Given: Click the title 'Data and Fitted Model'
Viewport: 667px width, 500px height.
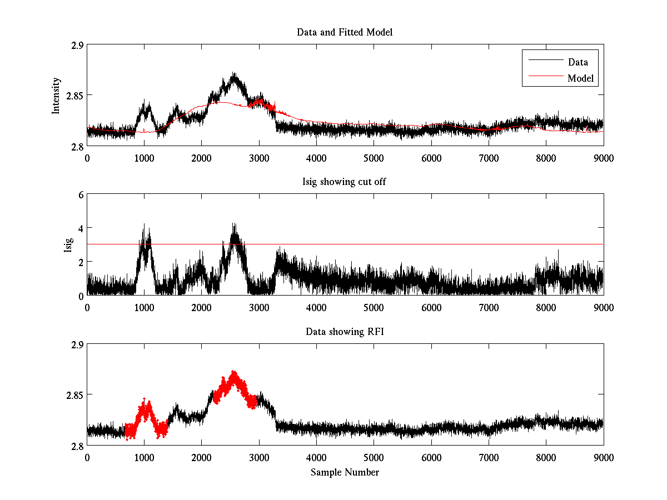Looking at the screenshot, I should coord(345,32).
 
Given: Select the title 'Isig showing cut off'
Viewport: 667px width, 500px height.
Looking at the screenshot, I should coord(345,182).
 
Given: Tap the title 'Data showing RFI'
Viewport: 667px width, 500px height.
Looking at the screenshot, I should coord(345,332).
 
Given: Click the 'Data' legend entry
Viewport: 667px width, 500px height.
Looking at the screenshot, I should coord(578,62).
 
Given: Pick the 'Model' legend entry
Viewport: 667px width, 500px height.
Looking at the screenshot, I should coord(580,78).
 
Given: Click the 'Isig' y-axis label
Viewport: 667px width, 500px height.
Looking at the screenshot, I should coord(68,245).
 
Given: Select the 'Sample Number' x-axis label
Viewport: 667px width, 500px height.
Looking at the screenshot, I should coord(345,472).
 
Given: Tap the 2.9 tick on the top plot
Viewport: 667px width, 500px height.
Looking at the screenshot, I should coord(77,45).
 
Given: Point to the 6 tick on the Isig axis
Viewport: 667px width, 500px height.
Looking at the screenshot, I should coord(81,195).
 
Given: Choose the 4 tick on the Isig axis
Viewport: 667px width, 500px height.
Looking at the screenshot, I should coord(81,228).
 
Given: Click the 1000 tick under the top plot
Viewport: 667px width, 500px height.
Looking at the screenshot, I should coord(145,158).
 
